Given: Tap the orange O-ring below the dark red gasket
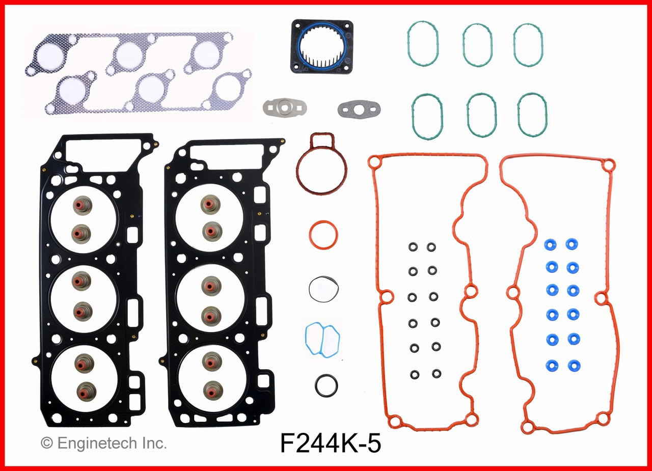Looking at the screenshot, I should [323, 235].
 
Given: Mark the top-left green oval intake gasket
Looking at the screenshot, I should [422, 44].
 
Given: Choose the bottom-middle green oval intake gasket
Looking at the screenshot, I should [481, 116].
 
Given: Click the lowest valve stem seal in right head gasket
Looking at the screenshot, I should [210, 390].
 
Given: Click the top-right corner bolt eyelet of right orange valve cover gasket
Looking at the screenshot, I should [608, 165].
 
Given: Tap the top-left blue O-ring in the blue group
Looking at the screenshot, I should [550, 244].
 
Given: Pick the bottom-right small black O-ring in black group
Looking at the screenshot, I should [437, 374].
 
